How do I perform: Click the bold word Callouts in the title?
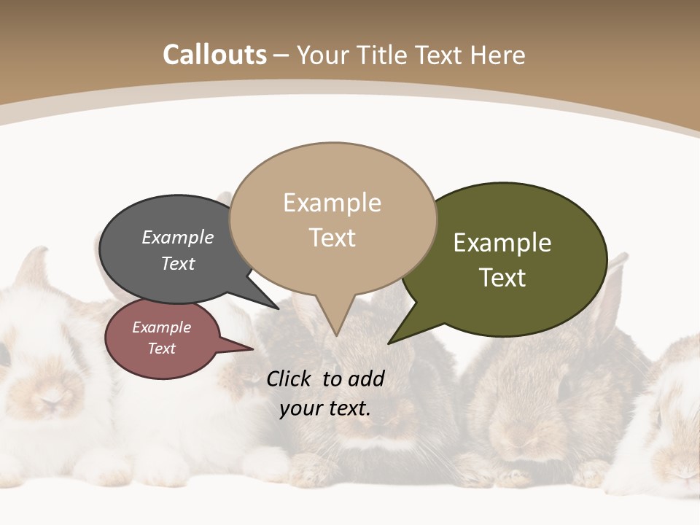pyautogui.click(x=214, y=55)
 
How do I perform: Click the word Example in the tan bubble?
pyautogui.click(x=332, y=203)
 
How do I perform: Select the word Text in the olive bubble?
pyautogui.click(x=502, y=278)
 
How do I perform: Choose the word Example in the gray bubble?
pyautogui.click(x=177, y=237)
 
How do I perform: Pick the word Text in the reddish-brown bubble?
pyautogui.click(x=161, y=349)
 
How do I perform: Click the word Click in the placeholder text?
pyautogui.click(x=290, y=378)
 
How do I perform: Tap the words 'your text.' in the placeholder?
pyautogui.click(x=325, y=408)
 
